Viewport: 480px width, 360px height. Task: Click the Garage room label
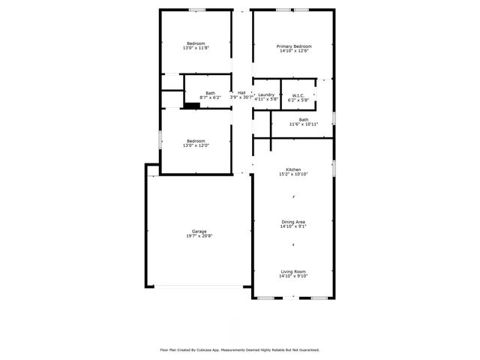(x=199, y=232)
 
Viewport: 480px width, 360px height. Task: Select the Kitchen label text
(x=293, y=169)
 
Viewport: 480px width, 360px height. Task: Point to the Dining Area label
(x=293, y=221)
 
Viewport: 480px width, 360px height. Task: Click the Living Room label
(x=293, y=271)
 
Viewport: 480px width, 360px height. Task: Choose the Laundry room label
(x=266, y=94)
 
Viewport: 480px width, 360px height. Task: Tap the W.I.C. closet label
(x=297, y=94)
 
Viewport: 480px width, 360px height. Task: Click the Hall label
(x=241, y=93)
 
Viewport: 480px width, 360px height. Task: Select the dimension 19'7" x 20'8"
(x=199, y=236)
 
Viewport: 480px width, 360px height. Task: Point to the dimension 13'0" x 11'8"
(x=196, y=48)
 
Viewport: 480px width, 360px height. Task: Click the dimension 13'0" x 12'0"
(x=196, y=145)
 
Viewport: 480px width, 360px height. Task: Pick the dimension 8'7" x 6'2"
(x=210, y=97)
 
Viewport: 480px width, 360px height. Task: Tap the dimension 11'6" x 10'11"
(x=304, y=124)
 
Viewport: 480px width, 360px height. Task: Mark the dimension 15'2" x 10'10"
(x=293, y=174)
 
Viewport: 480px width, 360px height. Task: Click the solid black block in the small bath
(x=192, y=106)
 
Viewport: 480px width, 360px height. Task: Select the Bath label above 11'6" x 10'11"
(x=304, y=119)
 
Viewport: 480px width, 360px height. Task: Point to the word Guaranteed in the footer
(x=306, y=349)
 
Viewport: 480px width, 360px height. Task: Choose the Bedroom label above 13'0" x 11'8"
(x=196, y=43)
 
